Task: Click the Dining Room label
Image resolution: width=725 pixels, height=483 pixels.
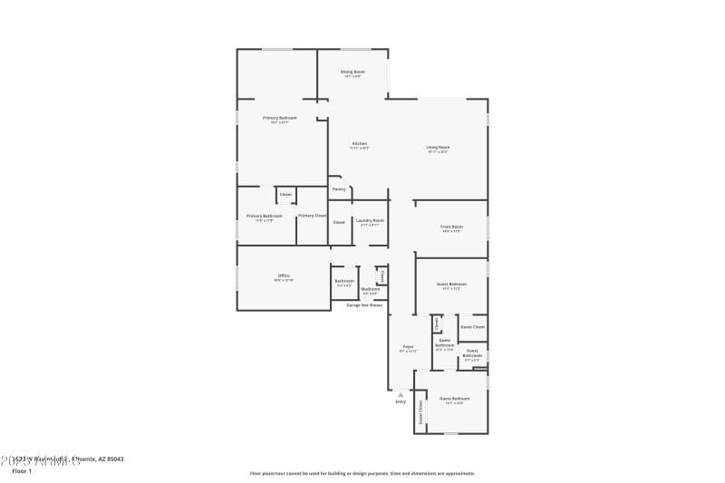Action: (353, 72)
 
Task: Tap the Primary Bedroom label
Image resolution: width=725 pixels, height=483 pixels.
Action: (280, 118)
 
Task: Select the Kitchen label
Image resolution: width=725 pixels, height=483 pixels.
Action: (360, 144)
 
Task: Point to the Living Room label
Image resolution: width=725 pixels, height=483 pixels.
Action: (439, 148)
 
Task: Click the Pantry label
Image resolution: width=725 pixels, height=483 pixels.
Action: (339, 189)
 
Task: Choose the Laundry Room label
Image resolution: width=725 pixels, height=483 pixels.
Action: (371, 221)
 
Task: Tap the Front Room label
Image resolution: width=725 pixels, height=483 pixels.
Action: (451, 227)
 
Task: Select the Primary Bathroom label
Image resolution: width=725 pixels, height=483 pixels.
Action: (265, 216)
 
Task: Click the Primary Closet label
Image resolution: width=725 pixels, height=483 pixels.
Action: (312, 216)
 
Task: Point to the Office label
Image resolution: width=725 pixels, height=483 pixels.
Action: (284, 276)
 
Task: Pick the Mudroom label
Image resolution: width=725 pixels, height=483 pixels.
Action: (371, 289)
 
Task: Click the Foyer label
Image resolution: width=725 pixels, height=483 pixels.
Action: (408, 347)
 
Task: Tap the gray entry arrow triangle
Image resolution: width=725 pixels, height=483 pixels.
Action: (401, 394)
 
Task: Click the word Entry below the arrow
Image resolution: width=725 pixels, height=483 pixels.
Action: (401, 401)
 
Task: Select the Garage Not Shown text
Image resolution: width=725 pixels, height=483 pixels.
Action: (364, 305)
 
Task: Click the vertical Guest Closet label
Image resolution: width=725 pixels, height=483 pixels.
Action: (421, 412)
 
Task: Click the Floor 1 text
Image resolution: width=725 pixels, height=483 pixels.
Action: (22, 471)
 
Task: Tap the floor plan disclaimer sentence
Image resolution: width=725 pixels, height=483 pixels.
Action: (362, 473)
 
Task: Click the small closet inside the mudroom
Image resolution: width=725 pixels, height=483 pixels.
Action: (382, 275)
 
